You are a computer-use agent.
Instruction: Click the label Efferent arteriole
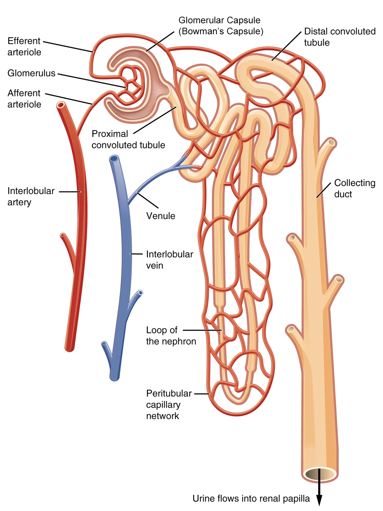24,47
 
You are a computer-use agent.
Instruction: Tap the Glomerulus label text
31,73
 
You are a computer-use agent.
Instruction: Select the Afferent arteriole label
24,99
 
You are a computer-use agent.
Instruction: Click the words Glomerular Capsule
219,20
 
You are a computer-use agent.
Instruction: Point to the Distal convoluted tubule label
339,37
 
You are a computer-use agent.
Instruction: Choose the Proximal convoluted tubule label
128,139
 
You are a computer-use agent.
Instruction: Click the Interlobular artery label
31,196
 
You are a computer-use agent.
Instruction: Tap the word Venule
161,216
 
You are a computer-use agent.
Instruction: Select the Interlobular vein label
169,260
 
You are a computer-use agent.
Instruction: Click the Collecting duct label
355,188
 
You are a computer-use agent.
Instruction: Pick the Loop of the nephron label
171,336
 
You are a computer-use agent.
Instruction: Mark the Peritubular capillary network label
169,405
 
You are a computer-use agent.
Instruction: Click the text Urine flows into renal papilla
251,498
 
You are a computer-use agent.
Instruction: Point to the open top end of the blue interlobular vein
114,159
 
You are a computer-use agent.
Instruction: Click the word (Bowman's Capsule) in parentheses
221,32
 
